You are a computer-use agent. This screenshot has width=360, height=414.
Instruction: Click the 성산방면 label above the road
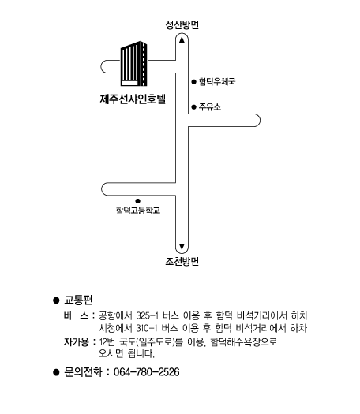(182, 24)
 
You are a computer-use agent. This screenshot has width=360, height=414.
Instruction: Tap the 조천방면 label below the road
(182, 261)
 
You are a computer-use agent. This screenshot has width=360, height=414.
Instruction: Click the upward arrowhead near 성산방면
(182, 39)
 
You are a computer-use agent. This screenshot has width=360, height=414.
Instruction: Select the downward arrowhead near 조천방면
(182, 246)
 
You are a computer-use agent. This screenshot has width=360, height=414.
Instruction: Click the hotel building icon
(133, 64)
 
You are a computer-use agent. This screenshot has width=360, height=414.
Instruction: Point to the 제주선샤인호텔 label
(133, 99)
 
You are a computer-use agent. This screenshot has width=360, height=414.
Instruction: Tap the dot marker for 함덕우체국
(193, 82)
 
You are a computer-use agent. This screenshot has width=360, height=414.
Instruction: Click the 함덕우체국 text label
(217, 81)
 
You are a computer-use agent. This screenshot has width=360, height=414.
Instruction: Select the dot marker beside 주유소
(193, 107)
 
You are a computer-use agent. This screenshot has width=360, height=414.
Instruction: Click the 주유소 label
(209, 106)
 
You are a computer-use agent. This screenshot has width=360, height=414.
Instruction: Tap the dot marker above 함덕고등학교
(137, 201)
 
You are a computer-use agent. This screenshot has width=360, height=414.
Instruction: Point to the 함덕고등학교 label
(138, 211)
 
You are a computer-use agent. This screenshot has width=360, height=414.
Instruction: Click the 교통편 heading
(78, 300)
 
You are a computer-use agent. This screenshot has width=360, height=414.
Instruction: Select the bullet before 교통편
(56, 300)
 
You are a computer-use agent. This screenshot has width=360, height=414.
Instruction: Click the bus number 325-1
(147, 315)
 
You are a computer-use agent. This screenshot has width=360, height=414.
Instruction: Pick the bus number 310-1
(147, 328)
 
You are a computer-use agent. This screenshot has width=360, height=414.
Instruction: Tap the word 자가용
(77, 342)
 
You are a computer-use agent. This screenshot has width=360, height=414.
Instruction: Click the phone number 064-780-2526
(146, 372)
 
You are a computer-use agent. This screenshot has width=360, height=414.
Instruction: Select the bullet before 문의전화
(56, 372)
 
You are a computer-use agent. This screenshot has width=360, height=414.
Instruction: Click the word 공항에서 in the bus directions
(115, 315)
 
